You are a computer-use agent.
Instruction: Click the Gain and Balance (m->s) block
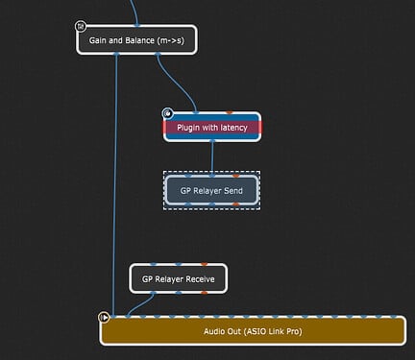tap(136, 40)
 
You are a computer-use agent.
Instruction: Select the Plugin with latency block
tap(212, 127)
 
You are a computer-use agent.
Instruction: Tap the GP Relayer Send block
tap(211, 190)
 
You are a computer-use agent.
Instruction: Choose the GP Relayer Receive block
tap(179, 278)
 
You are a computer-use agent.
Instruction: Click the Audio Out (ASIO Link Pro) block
tap(253, 330)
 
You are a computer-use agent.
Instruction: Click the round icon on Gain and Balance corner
tap(81, 26)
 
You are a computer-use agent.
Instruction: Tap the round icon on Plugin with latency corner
tap(167, 113)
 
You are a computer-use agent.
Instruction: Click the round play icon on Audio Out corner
tap(104, 318)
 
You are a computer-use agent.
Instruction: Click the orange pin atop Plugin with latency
tap(230, 112)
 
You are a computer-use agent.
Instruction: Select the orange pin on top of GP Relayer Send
tap(236, 176)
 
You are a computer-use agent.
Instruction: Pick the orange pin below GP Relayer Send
tap(236, 204)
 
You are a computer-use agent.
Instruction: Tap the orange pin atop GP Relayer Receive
tap(205, 264)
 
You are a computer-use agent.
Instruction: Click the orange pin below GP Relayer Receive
tap(205, 293)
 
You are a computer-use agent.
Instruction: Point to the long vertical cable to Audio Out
tap(115, 185)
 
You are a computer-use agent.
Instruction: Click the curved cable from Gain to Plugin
tap(176, 83)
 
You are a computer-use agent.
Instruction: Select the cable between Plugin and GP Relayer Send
tap(212, 158)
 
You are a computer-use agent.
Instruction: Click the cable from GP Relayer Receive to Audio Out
tap(139, 305)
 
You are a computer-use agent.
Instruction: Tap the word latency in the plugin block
tap(233, 128)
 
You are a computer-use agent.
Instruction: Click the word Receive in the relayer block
tap(200, 279)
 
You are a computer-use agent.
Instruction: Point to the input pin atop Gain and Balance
tap(137, 25)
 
